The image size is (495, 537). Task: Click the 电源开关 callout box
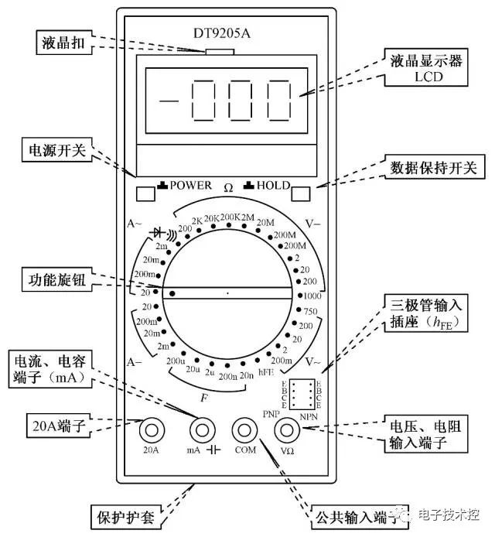56,149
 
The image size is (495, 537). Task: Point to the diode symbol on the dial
162,231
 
